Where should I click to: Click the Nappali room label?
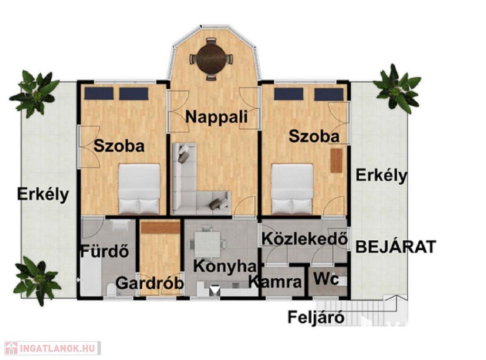point(216,117)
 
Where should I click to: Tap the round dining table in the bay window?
point(211,59)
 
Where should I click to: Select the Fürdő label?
point(105,251)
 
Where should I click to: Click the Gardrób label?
point(150,283)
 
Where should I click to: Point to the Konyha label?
point(225,266)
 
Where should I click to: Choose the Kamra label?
point(275,282)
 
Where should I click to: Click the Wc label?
point(327,279)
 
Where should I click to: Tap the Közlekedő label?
point(305,239)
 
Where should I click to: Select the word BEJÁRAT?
point(396,246)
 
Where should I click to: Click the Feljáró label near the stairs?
point(316,317)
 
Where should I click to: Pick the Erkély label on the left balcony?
point(43,195)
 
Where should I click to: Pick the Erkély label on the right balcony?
point(381,176)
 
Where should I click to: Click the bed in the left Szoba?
point(140,189)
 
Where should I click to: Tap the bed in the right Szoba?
point(292,189)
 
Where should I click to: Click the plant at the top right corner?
point(397,89)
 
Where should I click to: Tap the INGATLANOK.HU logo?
point(53,348)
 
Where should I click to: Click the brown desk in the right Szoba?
point(336,161)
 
